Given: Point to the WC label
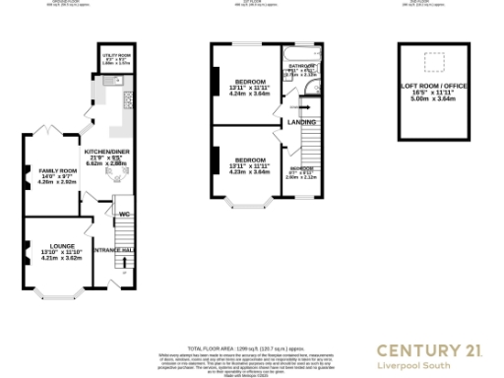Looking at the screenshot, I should click(124, 213).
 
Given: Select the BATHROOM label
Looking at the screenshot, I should click(301, 66).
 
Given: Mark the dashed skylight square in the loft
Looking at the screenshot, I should click(428, 65).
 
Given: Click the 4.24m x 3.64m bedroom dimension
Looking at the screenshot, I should click(249, 94).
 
